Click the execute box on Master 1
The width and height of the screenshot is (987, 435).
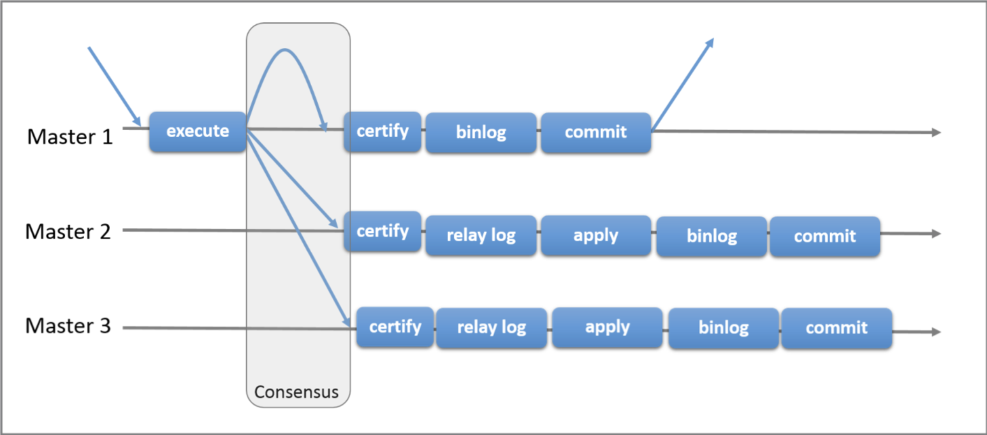198,132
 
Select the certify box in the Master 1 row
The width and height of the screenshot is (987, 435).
383,132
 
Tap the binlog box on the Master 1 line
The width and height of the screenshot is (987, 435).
481,133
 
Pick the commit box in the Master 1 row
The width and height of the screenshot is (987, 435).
596,133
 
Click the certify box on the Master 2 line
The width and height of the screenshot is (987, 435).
383,232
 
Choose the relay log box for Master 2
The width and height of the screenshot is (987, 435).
481,235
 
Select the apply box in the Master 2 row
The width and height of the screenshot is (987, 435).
596,235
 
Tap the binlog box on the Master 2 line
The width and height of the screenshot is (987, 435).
712,237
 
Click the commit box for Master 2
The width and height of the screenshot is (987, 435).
825,237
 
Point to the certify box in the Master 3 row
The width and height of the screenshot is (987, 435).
395,327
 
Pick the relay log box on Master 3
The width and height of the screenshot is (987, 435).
492,328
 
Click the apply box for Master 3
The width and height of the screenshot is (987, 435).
608,328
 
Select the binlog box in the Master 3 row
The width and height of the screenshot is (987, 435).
724,328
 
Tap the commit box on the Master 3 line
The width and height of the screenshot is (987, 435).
837,328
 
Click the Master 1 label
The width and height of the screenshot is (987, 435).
70,136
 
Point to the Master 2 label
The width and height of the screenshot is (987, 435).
68,232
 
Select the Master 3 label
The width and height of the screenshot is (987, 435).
68,326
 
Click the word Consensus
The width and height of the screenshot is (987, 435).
297,392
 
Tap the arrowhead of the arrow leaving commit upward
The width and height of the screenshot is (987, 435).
710,43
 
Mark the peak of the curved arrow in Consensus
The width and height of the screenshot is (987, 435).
285,50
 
